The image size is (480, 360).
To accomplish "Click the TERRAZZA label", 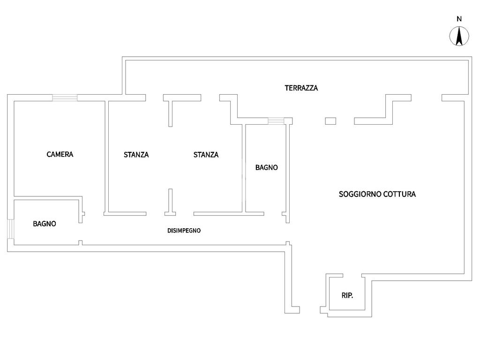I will tap(301, 88).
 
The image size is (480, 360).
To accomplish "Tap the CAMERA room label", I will tap(60, 154).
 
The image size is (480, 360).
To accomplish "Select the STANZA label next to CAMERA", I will tap(136, 154).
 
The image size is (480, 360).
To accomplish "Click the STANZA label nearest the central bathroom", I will tap(206, 154).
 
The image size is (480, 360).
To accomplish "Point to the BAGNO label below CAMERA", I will tap(45, 224).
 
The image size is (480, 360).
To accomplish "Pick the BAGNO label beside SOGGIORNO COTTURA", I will tap(266, 167).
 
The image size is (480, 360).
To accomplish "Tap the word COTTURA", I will tap(399, 194).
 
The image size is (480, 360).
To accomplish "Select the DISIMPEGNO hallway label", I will tap(184, 230).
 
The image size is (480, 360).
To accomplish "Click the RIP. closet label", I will tap(347, 295).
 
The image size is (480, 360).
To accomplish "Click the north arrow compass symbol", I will tap(459, 37).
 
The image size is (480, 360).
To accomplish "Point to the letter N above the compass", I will tap(459, 19).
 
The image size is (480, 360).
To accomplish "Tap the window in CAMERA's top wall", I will tap(65, 97).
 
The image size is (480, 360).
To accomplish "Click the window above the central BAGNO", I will tap(276, 121).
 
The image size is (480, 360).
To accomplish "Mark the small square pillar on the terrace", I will tap(330, 121).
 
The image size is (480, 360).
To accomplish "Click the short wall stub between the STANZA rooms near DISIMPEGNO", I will tap(170, 202).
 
